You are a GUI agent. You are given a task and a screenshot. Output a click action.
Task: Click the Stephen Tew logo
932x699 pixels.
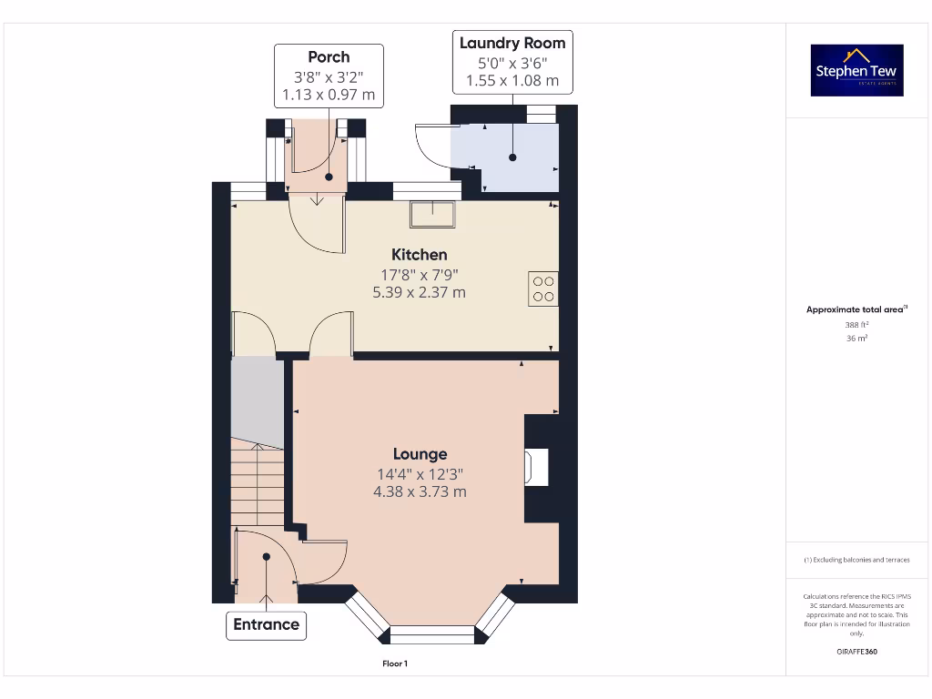(x=856, y=70)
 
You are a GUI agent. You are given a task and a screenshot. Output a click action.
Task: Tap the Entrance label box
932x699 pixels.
(x=266, y=624)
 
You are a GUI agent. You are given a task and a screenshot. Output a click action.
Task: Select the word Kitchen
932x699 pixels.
(x=419, y=254)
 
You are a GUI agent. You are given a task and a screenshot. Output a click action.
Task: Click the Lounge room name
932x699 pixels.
(x=420, y=453)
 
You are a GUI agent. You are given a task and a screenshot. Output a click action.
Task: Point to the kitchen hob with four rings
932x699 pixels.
(x=543, y=289)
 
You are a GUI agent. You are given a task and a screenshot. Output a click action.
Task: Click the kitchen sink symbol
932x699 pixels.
(x=432, y=213)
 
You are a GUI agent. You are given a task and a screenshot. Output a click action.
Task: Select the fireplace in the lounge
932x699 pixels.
(x=537, y=468)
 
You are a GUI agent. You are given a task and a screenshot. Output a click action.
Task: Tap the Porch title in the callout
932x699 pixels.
(x=329, y=56)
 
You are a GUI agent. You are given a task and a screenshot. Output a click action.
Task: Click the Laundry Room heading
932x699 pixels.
(x=512, y=43)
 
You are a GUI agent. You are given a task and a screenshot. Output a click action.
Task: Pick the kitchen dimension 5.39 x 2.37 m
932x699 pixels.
(x=419, y=292)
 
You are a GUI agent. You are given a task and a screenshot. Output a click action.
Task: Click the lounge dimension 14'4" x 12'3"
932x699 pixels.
(x=420, y=473)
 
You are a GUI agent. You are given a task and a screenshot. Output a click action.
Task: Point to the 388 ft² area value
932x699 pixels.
(x=856, y=324)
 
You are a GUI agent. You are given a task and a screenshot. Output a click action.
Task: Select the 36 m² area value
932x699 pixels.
(x=856, y=338)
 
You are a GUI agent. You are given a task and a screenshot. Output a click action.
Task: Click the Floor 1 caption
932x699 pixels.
(x=395, y=664)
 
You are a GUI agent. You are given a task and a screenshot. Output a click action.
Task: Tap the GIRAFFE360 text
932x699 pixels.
(x=856, y=652)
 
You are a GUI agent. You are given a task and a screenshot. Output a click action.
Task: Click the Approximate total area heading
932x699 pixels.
(x=856, y=309)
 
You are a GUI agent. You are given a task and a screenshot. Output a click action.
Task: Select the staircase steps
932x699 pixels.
(x=257, y=482)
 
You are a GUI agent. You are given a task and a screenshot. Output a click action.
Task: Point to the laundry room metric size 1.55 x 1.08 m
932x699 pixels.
(x=512, y=81)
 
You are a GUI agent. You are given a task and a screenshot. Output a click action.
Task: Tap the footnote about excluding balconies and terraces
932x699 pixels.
(x=856, y=560)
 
